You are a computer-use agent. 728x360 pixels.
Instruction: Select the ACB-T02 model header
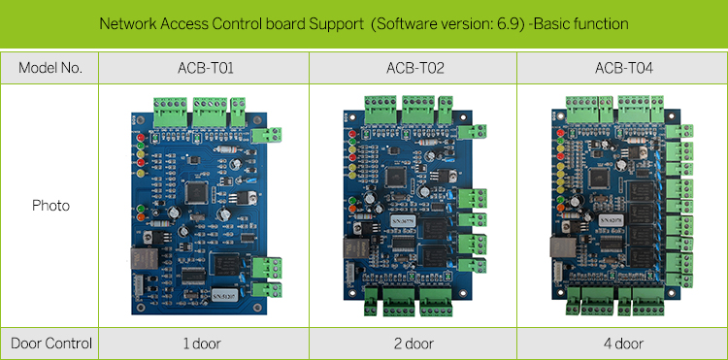coord(413,68)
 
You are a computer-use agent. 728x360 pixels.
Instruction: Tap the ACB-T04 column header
coord(622,68)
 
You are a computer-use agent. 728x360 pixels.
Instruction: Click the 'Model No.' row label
coord(50,68)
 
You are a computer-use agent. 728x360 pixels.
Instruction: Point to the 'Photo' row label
coord(50,206)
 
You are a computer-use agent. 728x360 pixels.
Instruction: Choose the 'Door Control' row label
coord(50,344)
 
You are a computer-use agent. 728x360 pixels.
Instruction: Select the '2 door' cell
coord(413,344)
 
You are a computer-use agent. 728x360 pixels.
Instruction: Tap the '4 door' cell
coord(622,344)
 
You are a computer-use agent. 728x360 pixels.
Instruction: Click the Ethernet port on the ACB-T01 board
coord(141,260)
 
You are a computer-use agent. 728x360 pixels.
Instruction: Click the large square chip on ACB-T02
coord(396,176)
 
